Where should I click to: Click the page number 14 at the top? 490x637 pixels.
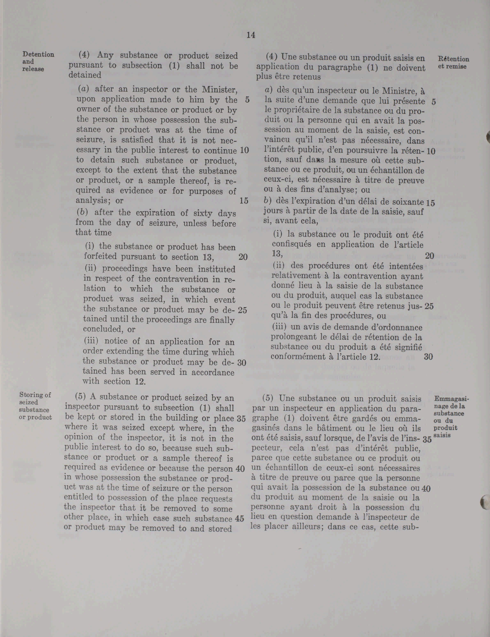click(x=251, y=35)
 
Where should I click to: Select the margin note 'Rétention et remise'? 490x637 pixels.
click(x=453, y=63)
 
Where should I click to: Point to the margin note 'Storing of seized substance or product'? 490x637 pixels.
click(x=35, y=406)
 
